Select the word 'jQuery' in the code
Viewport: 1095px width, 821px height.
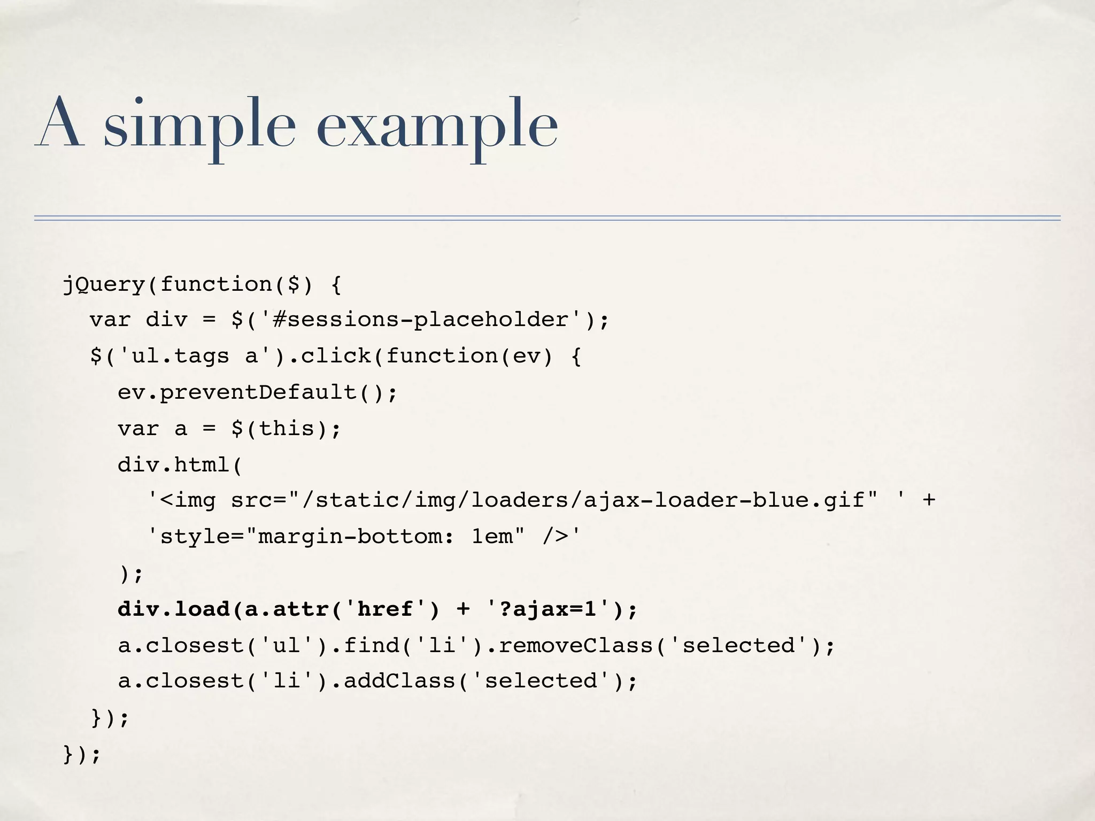tap(104, 284)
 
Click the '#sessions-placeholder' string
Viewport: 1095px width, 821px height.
tap(420, 320)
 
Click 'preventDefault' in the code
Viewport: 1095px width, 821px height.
tap(258, 392)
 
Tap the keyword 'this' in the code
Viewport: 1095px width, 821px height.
tap(287, 428)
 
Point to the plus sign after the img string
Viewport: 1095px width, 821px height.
tap(929, 500)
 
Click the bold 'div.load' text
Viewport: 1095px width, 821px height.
tap(173, 609)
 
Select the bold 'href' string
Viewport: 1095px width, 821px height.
tap(385, 609)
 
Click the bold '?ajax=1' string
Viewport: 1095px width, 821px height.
tap(547, 609)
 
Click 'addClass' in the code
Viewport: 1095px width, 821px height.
tap(399, 681)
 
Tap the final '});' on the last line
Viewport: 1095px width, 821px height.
tap(82, 754)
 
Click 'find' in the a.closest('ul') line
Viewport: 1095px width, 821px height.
tap(371, 645)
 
